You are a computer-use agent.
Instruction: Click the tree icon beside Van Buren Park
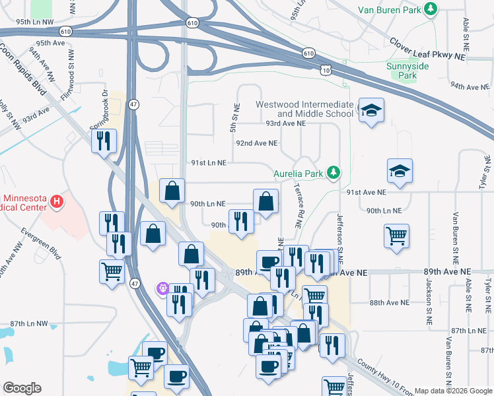click(431, 9)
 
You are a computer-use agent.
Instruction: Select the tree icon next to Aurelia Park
click(334, 174)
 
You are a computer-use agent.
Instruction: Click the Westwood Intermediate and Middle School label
click(304, 109)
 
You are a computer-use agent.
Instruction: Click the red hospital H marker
click(57, 199)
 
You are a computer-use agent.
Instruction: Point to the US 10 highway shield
click(324, 69)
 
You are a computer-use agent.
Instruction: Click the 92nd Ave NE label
click(257, 143)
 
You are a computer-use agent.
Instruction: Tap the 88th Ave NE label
click(390, 302)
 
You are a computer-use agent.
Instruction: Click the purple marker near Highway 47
click(162, 288)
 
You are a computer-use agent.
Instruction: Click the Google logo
click(21, 388)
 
